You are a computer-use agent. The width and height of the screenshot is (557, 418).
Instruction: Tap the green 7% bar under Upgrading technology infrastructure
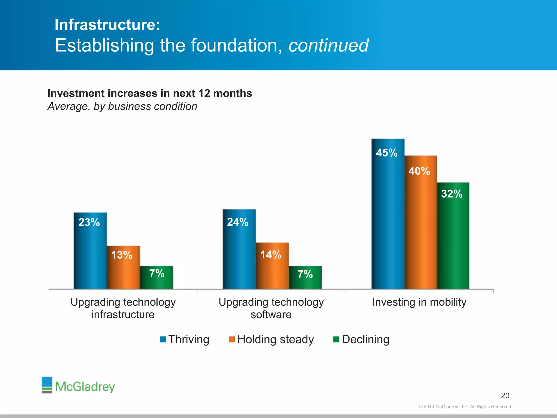coord(156,277)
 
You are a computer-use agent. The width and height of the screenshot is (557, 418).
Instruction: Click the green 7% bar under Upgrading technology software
coord(305,277)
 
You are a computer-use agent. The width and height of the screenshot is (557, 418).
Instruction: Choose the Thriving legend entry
coord(185,339)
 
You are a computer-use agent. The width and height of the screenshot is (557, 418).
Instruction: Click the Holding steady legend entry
coord(271,339)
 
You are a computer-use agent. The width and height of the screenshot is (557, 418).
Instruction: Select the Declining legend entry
coord(361,339)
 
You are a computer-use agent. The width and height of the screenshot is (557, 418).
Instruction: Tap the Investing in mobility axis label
coord(419,302)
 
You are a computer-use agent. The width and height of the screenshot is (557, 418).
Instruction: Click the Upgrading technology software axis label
coord(271,308)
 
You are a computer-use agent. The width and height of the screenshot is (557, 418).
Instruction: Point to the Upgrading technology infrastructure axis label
coord(123,308)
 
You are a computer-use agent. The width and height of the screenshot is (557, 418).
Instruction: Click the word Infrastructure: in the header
coord(107,25)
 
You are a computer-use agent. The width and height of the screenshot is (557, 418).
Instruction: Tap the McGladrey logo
coord(78,385)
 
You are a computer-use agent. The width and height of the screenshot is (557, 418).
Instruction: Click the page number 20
coord(505,395)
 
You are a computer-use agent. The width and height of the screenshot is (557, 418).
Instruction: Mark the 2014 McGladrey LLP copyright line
coord(465,407)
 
